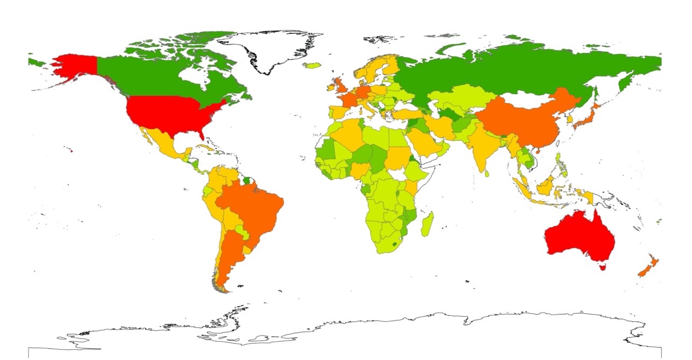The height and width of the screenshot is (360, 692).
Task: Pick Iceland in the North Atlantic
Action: click(312, 66)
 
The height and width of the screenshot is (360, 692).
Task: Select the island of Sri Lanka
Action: click(488, 173)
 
